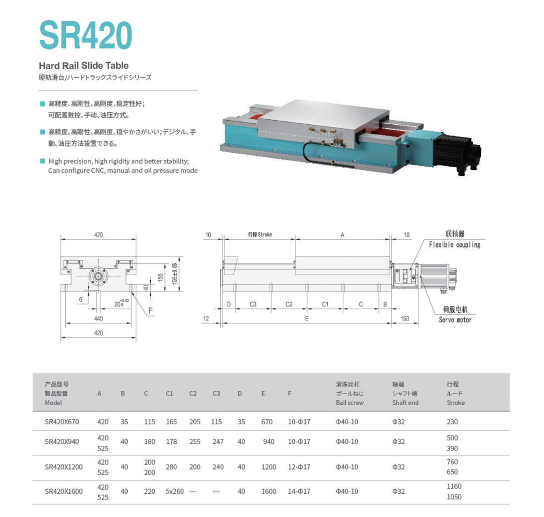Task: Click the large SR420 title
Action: (x=86, y=35)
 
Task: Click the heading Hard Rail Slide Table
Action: (x=83, y=66)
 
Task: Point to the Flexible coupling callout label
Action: (x=455, y=244)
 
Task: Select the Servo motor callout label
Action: (x=455, y=320)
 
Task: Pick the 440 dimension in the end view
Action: (x=98, y=319)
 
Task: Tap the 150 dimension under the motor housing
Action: (x=404, y=319)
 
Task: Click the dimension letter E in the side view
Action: (x=307, y=319)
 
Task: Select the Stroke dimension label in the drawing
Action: (x=260, y=234)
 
